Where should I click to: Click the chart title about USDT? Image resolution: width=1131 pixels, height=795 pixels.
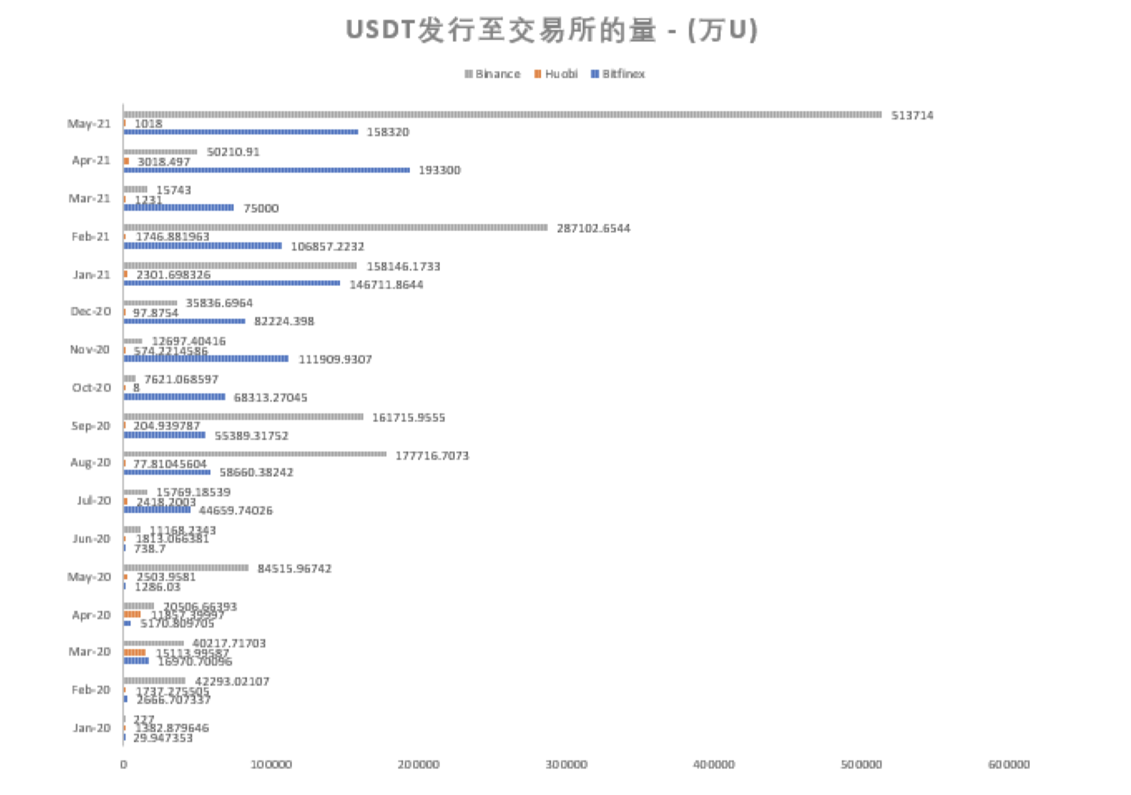tap(551, 30)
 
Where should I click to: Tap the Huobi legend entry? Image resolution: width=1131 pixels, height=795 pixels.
tap(556, 74)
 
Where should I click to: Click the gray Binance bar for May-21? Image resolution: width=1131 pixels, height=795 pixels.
tap(501, 114)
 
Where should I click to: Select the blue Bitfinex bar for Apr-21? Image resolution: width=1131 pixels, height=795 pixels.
tap(266, 170)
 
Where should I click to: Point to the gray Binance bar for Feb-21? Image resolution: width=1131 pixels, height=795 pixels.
tap(335, 227)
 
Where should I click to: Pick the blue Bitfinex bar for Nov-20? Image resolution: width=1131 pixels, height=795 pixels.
tap(206, 358)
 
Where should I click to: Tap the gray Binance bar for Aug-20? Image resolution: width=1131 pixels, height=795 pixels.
tap(255, 454)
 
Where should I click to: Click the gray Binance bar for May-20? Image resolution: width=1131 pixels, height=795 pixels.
tap(186, 568)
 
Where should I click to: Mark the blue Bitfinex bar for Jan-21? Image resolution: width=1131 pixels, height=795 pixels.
tap(232, 283)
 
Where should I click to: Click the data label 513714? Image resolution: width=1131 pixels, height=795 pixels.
tap(912, 115)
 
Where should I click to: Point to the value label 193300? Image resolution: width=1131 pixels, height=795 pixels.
tap(439, 171)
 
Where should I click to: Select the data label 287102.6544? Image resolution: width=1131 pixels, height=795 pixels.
tap(593, 228)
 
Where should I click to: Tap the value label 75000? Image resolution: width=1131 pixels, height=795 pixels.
tap(261, 209)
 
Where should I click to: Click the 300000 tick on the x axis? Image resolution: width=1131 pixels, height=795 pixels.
tap(566, 765)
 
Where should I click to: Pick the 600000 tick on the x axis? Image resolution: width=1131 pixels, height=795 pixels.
tap(1008, 765)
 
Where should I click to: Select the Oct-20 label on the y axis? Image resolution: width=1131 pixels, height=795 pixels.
tap(91, 388)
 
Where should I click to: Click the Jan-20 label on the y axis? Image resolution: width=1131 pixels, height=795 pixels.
tap(91, 728)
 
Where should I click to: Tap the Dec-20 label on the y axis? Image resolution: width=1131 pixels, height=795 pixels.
tap(91, 311)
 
